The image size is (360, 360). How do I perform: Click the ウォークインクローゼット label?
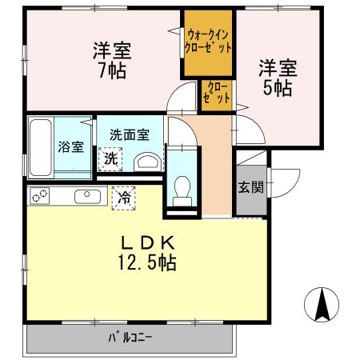209,41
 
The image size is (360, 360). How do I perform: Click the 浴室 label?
70,147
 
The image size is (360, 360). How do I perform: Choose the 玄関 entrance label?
250,188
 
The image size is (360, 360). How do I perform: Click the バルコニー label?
130,337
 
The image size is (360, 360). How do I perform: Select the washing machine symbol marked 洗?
110,158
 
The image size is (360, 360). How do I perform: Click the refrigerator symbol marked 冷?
123,195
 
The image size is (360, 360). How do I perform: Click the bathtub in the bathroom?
41,147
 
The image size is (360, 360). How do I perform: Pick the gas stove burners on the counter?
40,195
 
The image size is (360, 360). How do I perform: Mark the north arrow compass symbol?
323,304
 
